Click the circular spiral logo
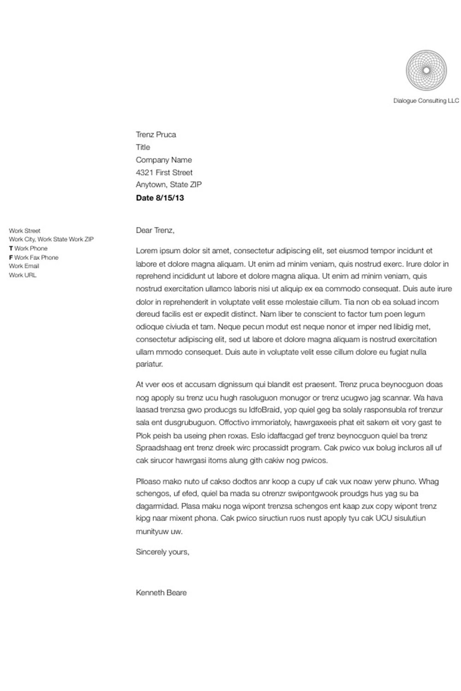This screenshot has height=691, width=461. point(426,70)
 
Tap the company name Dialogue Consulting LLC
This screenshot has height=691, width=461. point(426,101)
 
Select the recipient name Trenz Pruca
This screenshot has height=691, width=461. point(156,135)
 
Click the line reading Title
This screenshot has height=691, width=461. point(143,147)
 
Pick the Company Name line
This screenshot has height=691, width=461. point(164,160)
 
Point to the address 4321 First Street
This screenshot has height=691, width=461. point(164,172)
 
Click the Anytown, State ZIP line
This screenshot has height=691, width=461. point(169,185)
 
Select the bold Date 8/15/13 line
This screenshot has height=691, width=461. point(160,198)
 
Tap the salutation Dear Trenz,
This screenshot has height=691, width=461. point(155,230)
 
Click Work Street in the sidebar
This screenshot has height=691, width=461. point(24,230)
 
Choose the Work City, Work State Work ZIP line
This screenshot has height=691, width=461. point(51,240)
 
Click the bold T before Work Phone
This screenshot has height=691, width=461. point(11,248)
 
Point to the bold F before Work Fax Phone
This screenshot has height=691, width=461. point(11,258)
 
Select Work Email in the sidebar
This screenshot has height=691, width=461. point(24,266)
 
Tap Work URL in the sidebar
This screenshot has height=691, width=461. point(23,275)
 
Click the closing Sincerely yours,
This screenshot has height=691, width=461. point(162,552)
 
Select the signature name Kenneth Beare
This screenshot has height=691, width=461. point(161,593)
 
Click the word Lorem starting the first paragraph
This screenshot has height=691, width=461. point(147,251)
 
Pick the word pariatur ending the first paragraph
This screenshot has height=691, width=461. point(149,364)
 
